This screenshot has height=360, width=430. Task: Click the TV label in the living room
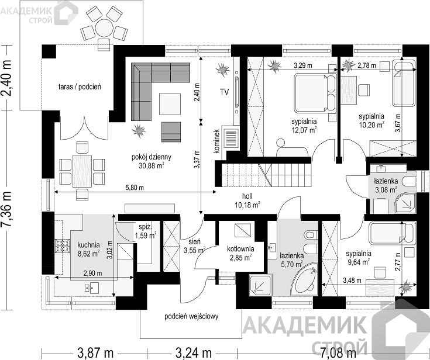click(x=224, y=92)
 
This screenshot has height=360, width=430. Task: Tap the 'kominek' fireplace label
click(x=217, y=141)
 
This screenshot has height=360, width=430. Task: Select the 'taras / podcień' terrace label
click(x=80, y=87)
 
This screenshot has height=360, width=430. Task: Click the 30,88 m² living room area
click(x=152, y=165)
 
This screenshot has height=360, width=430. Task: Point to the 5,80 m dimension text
click(x=135, y=188)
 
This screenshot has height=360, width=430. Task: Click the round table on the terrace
click(x=104, y=28)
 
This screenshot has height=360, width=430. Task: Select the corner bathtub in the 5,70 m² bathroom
click(x=304, y=279)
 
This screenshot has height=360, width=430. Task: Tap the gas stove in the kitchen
click(x=62, y=245)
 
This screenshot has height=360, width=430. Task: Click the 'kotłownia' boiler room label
click(x=240, y=249)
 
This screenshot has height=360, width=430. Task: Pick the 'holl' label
click(x=247, y=196)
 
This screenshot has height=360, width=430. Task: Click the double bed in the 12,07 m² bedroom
click(x=315, y=93)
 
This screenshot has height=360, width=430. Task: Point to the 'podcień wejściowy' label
click(x=191, y=317)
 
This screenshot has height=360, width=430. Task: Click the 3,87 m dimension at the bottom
click(x=95, y=353)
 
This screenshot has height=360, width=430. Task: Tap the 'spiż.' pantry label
click(x=145, y=227)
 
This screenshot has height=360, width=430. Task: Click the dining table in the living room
click(x=82, y=171)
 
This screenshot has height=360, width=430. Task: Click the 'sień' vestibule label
click(x=194, y=242)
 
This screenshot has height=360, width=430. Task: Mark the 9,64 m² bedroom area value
click(x=359, y=262)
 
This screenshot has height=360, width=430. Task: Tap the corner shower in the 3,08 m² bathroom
click(x=405, y=203)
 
